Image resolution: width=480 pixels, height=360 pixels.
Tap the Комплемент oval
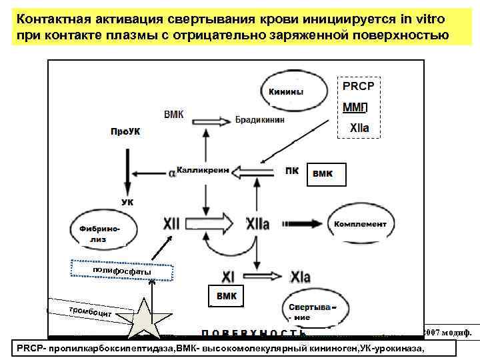359,224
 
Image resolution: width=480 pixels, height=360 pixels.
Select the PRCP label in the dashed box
358,86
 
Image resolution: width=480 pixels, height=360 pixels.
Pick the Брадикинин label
260,120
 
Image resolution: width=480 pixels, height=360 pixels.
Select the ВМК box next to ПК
327,173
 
